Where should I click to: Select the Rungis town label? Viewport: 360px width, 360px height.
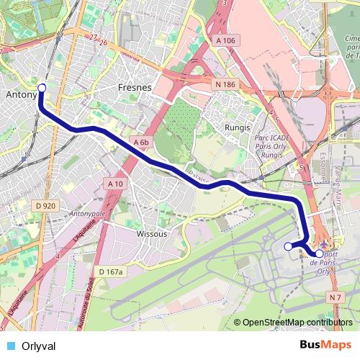pos(237,127)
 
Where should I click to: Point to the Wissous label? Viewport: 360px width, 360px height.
pos(152,234)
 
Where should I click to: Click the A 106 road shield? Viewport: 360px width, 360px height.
pos(225,42)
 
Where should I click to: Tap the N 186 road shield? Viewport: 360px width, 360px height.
pos(225,85)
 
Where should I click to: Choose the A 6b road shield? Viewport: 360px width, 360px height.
pos(140,143)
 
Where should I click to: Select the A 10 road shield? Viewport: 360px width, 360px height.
pos(114,184)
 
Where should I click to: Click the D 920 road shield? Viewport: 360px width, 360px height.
pos(45,206)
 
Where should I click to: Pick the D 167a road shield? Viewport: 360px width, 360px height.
pos(112,271)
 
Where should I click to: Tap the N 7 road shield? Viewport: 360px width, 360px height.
pos(333,297)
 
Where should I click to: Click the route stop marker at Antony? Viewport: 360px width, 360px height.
pos(41,88)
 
